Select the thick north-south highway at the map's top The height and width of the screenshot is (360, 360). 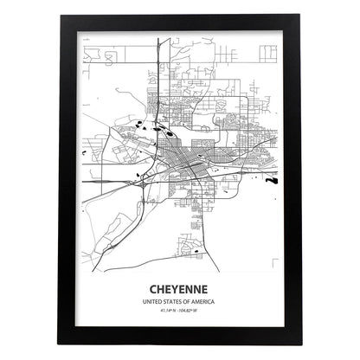[x=157, y=61]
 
